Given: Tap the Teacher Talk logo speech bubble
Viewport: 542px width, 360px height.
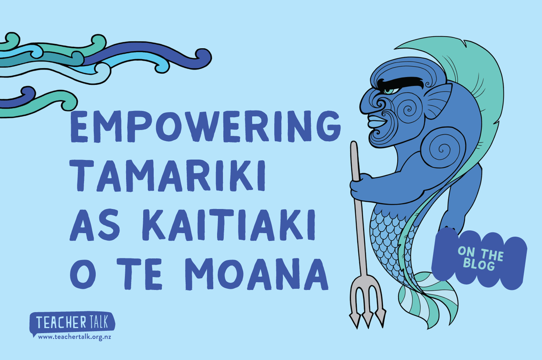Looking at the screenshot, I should (x=72, y=323).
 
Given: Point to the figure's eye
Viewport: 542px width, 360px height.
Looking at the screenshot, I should (x=389, y=91).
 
